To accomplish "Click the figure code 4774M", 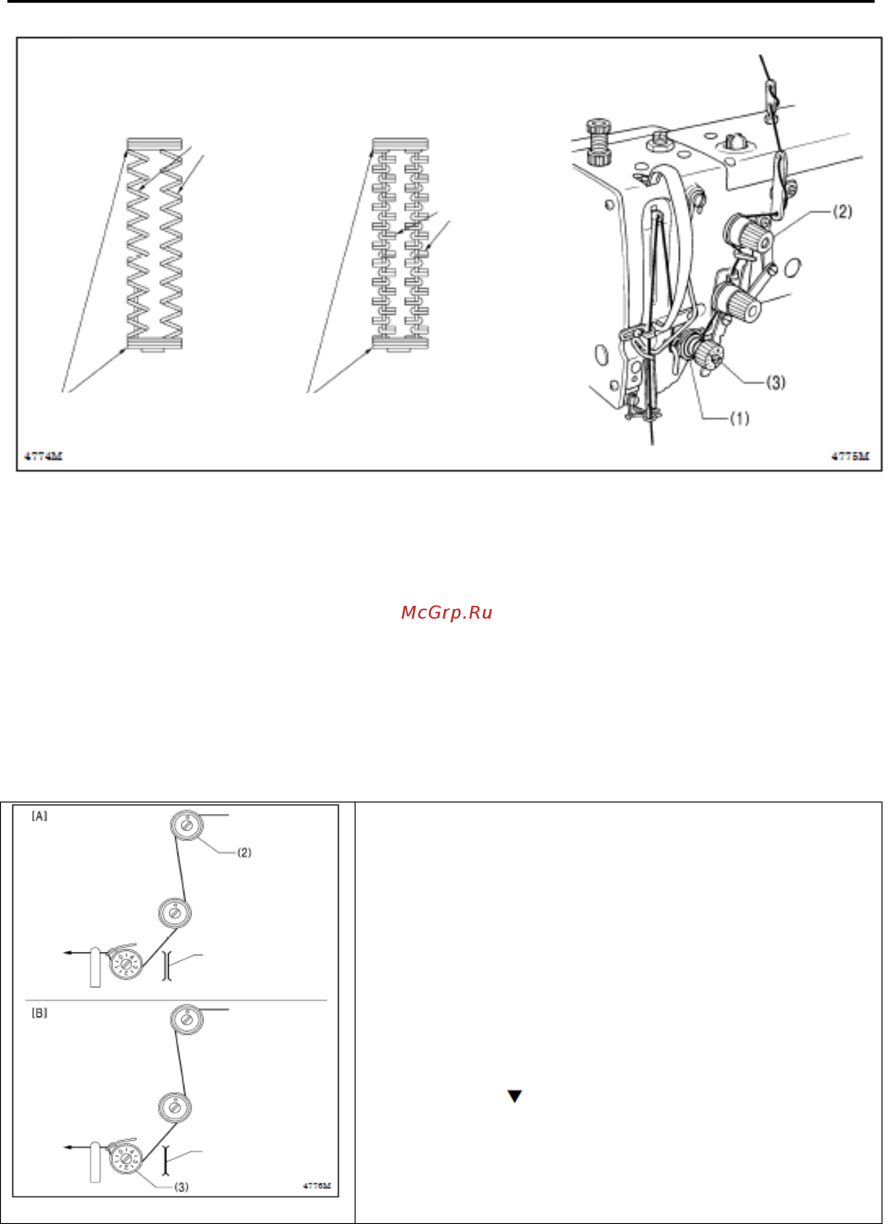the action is pyautogui.click(x=43, y=457).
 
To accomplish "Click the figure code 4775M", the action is pyautogui.click(x=851, y=457).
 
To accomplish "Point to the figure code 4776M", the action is pyautogui.click(x=317, y=1186).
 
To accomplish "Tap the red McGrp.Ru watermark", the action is pyautogui.click(x=447, y=613).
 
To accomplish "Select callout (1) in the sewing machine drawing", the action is pyautogui.click(x=740, y=418).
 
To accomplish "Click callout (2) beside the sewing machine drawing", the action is pyautogui.click(x=843, y=211).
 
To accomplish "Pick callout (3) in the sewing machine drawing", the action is pyautogui.click(x=776, y=383).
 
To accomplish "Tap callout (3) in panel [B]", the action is pyautogui.click(x=181, y=1187).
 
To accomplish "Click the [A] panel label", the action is pyautogui.click(x=40, y=817).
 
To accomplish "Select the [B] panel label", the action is pyautogui.click(x=40, y=1013).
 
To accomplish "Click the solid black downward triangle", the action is pyautogui.click(x=514, y=1096).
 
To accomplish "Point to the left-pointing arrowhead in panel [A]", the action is pyautogui.click(x=67, y=953).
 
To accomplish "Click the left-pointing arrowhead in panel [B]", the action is pyautogui.click(x=67, y=1147).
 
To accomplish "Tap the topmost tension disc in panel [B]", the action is pyautogui.click(x=187, y=1019).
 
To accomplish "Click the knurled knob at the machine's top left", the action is pyautogui.click(x=598, y=142).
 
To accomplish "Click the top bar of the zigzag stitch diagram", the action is pyautogui.click(x=154, y=144).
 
